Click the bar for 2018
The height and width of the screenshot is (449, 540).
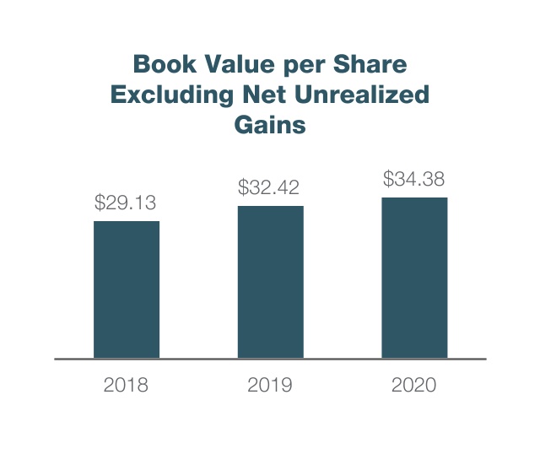pos(126,289)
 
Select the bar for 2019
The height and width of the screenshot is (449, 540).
pos(270,282)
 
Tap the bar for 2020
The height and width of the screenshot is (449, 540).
pos(414,278)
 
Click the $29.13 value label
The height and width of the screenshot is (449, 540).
pos(126,203)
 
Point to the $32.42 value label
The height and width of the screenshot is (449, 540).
pos(270,187)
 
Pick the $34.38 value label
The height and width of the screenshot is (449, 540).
pos(414,179)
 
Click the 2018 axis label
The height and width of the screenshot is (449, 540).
pos(126,386)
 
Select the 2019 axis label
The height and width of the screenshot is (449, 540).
pos(270,386)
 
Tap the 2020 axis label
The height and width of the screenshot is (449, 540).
pos(414,386)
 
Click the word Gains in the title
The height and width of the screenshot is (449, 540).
pos(269,124)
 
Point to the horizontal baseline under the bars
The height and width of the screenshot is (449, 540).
pos(270,359)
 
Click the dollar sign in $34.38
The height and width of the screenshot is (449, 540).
pos(388,179)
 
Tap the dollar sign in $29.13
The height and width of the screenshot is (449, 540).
pos(100,203)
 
